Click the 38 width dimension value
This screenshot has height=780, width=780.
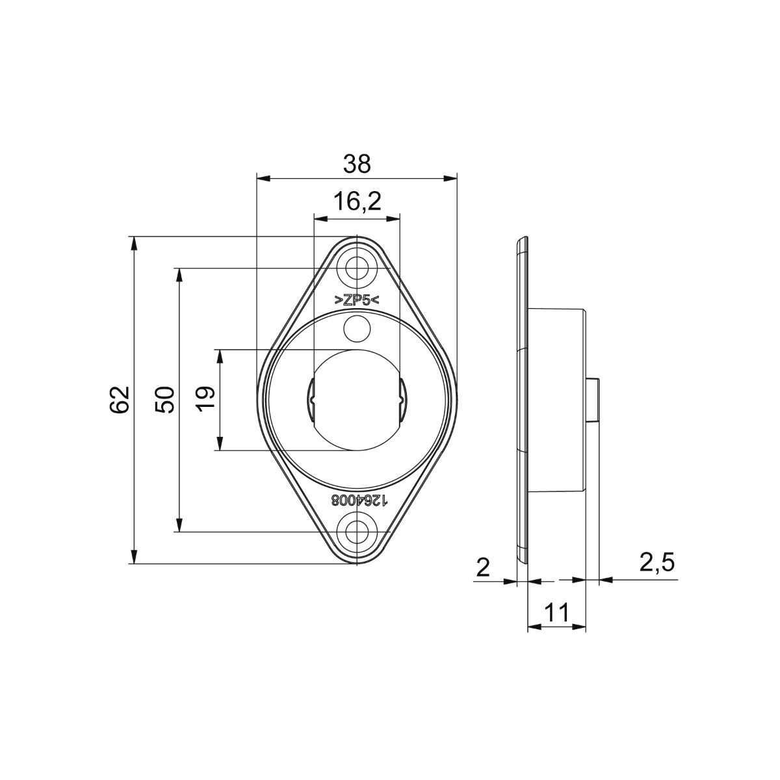[x=357, y=164]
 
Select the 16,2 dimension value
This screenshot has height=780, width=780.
[x=357, y=202]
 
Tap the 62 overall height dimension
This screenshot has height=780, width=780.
[x=120, y=400]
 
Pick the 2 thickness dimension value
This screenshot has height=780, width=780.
[x=483, y=567]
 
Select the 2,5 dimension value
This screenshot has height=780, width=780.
[x=656, y=563]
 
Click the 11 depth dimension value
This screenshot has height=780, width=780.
[x=556, y=612]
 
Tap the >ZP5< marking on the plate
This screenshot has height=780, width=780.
[x=356, y=300]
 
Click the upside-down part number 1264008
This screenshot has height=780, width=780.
[x=359, y=500]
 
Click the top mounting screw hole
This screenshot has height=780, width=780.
[x=356, y=268]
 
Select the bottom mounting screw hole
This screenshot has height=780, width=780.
[x=356, y=532]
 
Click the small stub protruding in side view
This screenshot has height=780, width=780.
[x=592, y=400]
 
